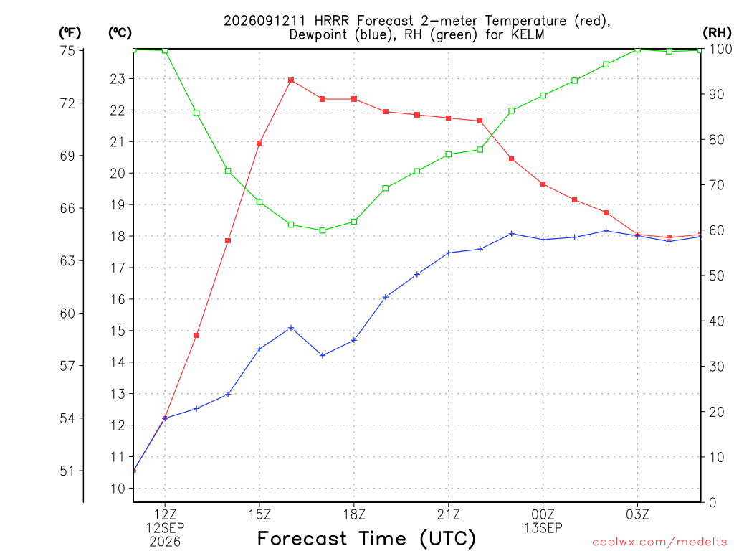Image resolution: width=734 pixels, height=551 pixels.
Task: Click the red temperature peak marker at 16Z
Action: click(291, 80)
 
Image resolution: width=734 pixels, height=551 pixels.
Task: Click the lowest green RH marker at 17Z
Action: click(323, 230)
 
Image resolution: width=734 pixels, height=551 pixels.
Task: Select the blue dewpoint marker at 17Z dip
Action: click(323, 355)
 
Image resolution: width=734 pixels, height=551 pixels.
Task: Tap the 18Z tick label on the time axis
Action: click(354, 514)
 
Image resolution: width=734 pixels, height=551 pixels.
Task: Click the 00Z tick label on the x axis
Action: click(543, 514)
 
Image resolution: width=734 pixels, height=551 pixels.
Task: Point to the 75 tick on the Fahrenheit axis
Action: click(68, 51)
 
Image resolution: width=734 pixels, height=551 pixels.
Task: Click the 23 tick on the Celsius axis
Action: click(118, 79)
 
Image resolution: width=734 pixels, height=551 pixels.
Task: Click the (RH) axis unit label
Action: click(717, 32)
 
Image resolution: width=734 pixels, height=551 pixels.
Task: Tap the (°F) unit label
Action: click(70, 33)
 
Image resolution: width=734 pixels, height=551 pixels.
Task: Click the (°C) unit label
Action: click(120, 33)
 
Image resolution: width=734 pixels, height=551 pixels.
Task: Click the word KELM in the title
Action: click(528, 34)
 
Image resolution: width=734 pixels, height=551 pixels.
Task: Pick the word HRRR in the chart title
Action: click(332, 21)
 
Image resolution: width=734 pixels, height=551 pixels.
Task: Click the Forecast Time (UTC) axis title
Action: click(366, 538)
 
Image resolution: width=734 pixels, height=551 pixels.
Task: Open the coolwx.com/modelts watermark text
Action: click(659, 542)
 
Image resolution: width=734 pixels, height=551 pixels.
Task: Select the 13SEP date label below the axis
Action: click(543, 528)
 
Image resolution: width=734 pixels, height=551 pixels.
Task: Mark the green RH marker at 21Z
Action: click(449, 154)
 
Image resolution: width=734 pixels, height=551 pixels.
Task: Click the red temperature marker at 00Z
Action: click(543, 184)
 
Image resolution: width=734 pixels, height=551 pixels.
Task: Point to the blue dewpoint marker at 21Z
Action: click(449, 253)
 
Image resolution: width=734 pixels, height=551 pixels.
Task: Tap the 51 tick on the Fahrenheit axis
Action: click(68, 471)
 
